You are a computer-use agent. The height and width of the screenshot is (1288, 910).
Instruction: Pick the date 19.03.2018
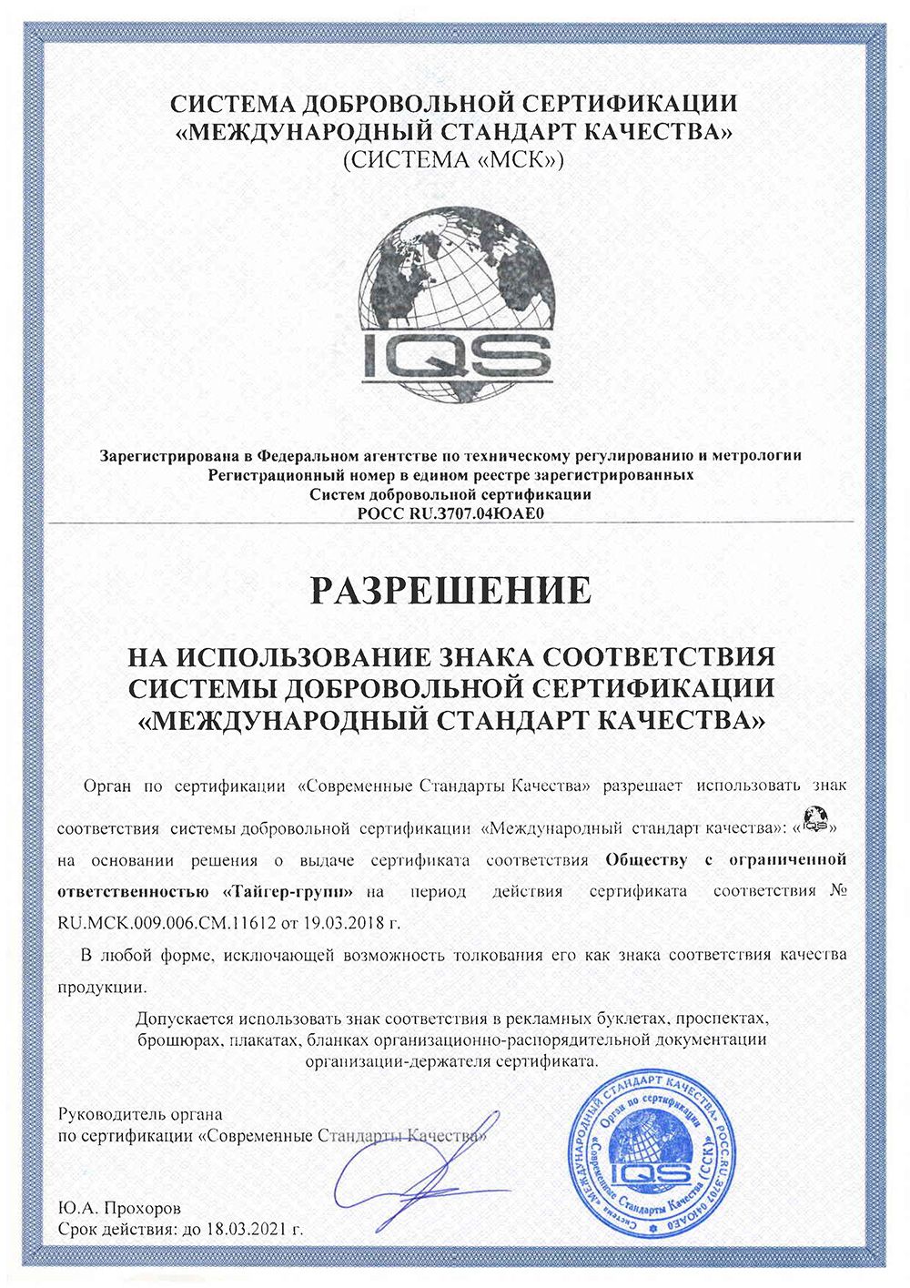click(340, 922)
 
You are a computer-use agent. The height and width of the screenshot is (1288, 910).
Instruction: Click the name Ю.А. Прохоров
click(119, 1209)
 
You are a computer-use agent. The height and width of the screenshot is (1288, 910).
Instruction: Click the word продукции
click(101, 987)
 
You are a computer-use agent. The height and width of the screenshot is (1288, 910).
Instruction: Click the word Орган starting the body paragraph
click(106, 785)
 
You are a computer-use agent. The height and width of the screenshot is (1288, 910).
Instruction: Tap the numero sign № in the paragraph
click(839, 890)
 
